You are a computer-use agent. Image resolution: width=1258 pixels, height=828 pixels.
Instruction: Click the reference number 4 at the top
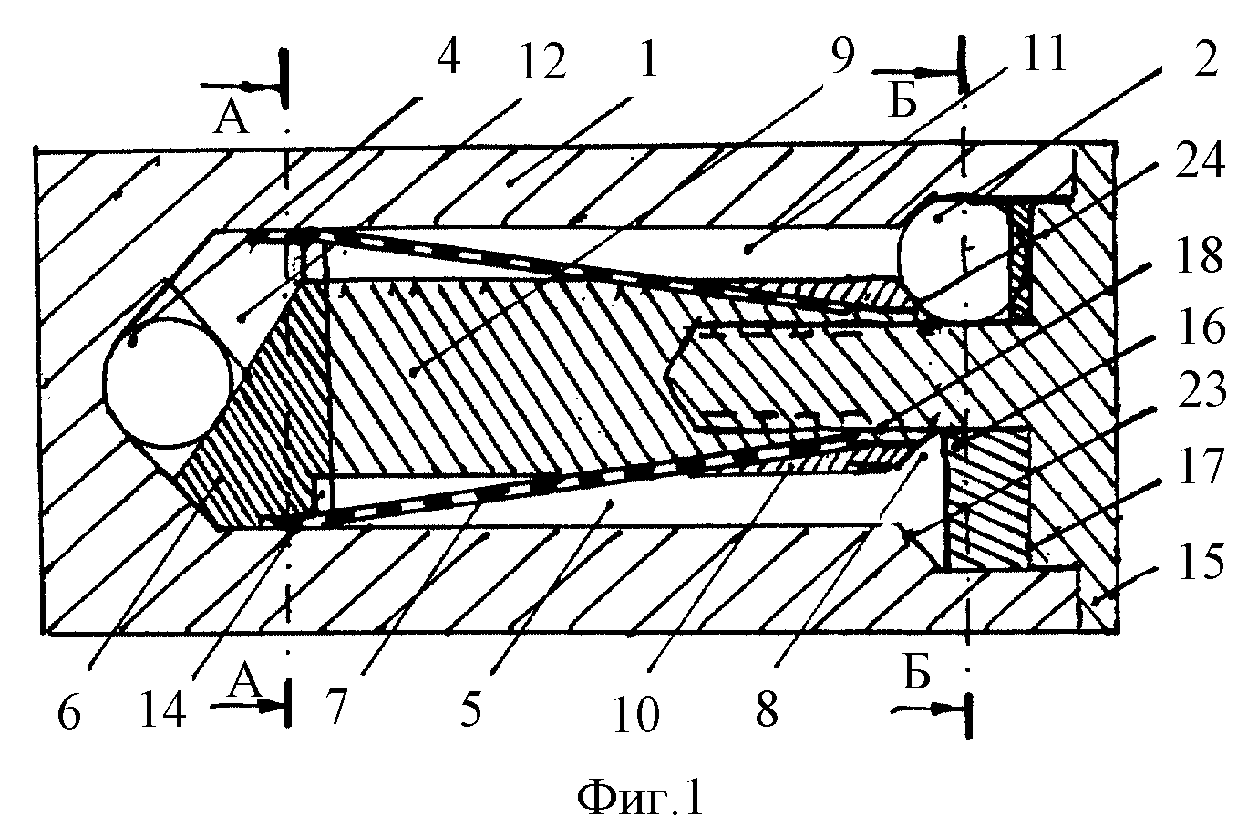(x=449, y=57)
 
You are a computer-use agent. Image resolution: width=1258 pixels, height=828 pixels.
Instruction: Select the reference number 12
(x=542, y=63)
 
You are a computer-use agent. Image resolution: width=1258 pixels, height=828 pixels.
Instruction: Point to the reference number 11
(x=1044, y=53)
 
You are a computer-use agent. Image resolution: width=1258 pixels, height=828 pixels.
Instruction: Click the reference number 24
(x=1201, y=161)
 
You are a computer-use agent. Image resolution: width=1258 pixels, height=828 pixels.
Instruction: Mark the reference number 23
(x=1201, y=390)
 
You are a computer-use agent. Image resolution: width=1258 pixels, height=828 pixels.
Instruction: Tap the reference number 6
(x=69, y=713)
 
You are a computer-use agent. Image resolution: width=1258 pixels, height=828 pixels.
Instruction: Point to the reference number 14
(x=163, y=709)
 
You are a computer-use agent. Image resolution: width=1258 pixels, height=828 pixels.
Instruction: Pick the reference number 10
(x=635, y=715)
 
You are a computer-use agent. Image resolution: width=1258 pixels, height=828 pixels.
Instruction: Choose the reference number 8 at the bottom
(x=768, y=709)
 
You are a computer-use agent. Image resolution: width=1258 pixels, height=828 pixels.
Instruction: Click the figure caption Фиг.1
(x=640, y=800)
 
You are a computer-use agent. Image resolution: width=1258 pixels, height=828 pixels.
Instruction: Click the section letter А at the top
(x=231, y=120)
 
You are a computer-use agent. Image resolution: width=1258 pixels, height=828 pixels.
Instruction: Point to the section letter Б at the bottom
(x=915, y=674)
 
